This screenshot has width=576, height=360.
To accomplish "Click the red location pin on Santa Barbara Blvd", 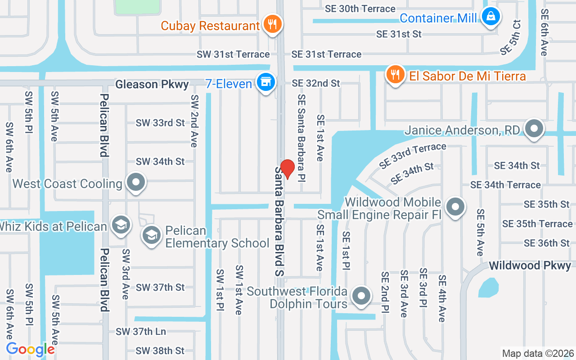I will pos(287,168).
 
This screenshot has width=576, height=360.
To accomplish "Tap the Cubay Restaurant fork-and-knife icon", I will pos(272,23).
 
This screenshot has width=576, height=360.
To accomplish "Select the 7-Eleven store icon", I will pos(266,82).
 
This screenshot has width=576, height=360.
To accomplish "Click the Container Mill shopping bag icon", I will pos(490,17).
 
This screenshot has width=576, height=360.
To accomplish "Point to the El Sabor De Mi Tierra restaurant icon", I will pos(395,74).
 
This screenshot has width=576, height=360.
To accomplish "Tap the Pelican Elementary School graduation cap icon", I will pos(152,234).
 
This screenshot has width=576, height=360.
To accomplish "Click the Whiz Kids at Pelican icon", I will pos(120,225).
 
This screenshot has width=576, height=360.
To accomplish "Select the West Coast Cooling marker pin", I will pos(135,182).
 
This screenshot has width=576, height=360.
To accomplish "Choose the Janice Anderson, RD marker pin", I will pos(534,129).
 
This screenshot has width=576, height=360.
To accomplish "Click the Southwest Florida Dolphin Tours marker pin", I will pos(361,296).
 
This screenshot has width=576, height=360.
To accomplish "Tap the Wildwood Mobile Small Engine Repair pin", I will pos(455,207).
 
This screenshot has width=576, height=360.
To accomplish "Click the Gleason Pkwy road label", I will pos(152,84).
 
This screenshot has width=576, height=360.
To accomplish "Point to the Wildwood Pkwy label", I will pos(530,265).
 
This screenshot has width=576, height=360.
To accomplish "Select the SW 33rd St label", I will pos(160,122).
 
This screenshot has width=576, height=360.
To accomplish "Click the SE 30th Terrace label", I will pos(360,9).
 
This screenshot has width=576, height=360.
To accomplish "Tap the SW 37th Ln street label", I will pos(141,332).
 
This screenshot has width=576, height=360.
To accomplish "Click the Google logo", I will pos(31,349).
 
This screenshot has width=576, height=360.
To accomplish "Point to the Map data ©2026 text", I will pos(538,353).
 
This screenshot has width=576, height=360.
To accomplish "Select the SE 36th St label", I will pos(547,243).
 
